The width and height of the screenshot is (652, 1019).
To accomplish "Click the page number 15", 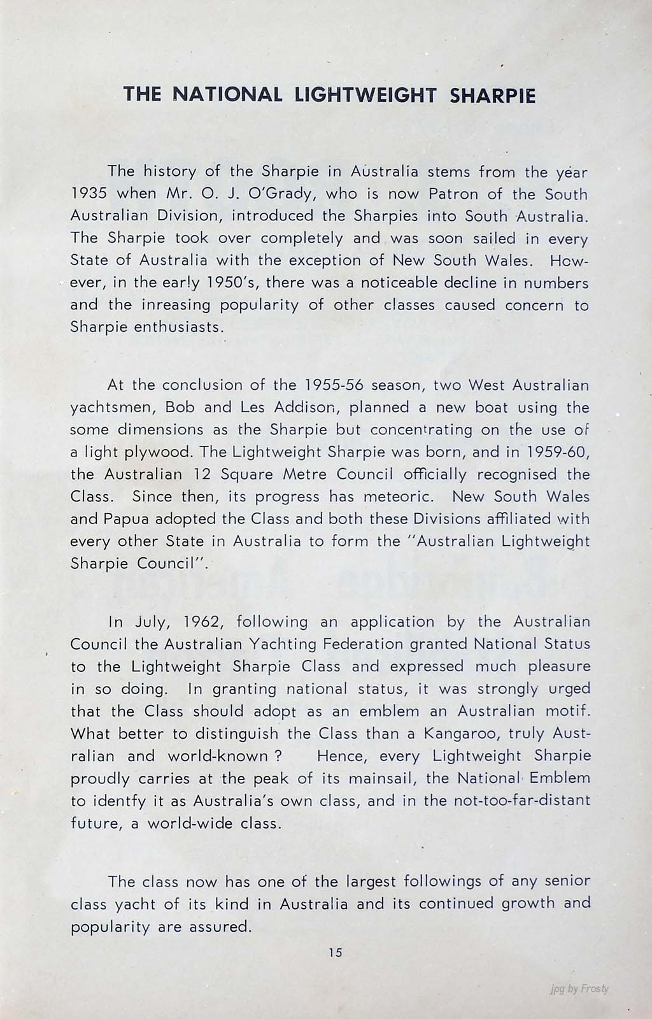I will (336, 953).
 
